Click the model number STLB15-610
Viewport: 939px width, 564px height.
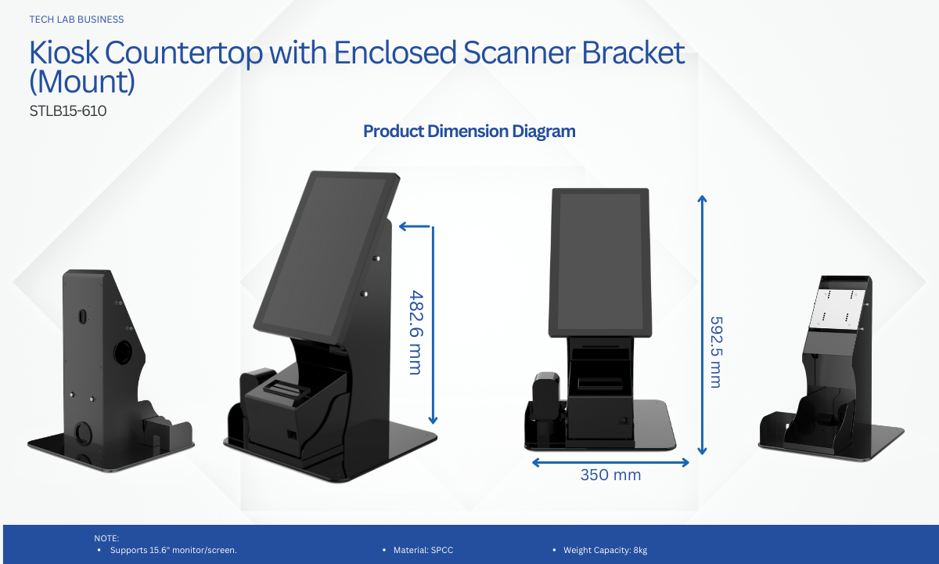pyautogui.click(x=68, y=111)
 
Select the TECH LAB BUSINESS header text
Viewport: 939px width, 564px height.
pyautogui.click(x=77, y=20)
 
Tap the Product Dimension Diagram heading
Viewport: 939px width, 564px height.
pyautogui.click(x=469, y=132)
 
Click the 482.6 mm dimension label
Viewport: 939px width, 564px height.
pyautogui.click(x=416, y=332)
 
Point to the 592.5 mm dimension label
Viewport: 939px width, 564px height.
pyautogui.click(x=716, y=352)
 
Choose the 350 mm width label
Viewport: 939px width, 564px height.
pyautogui.click(x=611, y=475)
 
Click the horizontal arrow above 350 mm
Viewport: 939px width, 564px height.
pyautogui.click(x=610, y=462)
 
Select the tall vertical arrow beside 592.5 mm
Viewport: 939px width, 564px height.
pyautogui.click(x=702, y=325)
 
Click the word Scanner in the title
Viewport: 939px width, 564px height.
pyautogui.click(x=519, y=53)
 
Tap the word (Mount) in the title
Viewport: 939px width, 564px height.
pyautogui.click(x=82, y=81)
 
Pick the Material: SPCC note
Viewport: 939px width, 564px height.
pyautogui.click(x=423, y=550)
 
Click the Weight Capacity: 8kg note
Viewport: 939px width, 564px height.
pyautogui.click(x=606, y=550)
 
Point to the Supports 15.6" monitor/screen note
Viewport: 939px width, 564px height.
pyautogui.click(x=174, y=550)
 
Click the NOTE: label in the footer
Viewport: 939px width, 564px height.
pyautogui.click(x=106, y=538)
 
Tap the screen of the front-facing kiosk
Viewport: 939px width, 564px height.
pyautogui.click(x=600, y=262)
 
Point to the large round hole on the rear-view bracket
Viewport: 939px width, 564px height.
pyautogui.click(x=124, y=352)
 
